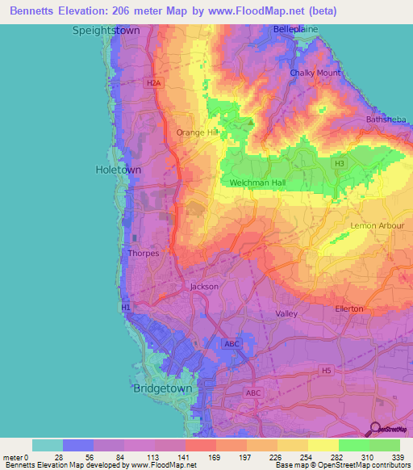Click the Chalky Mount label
pyautogui.click(x=315, y=73)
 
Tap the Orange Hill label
pyautogui.click(x=198, y=132)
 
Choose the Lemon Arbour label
pyautogui.click(x=377, y=226)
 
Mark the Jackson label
pyautogui.click(x=204, y=287)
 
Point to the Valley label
pyautogui.click(x=286, y=313)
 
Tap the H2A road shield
pyautogui.click(x=152, y=82)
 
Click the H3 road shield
pyautogui.click(x=340, y=163)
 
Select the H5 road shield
pyautogui.click(x=325, y=371)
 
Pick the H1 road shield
pyautogui.click(x=125, y=308)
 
